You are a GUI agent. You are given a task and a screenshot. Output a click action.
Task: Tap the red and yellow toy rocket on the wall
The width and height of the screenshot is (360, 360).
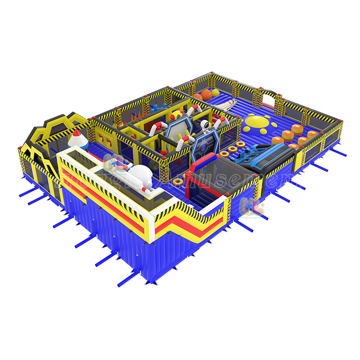tap(177, 115)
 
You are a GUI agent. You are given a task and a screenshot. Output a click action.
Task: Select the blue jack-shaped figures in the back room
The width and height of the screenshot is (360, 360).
tap(156, 107)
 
